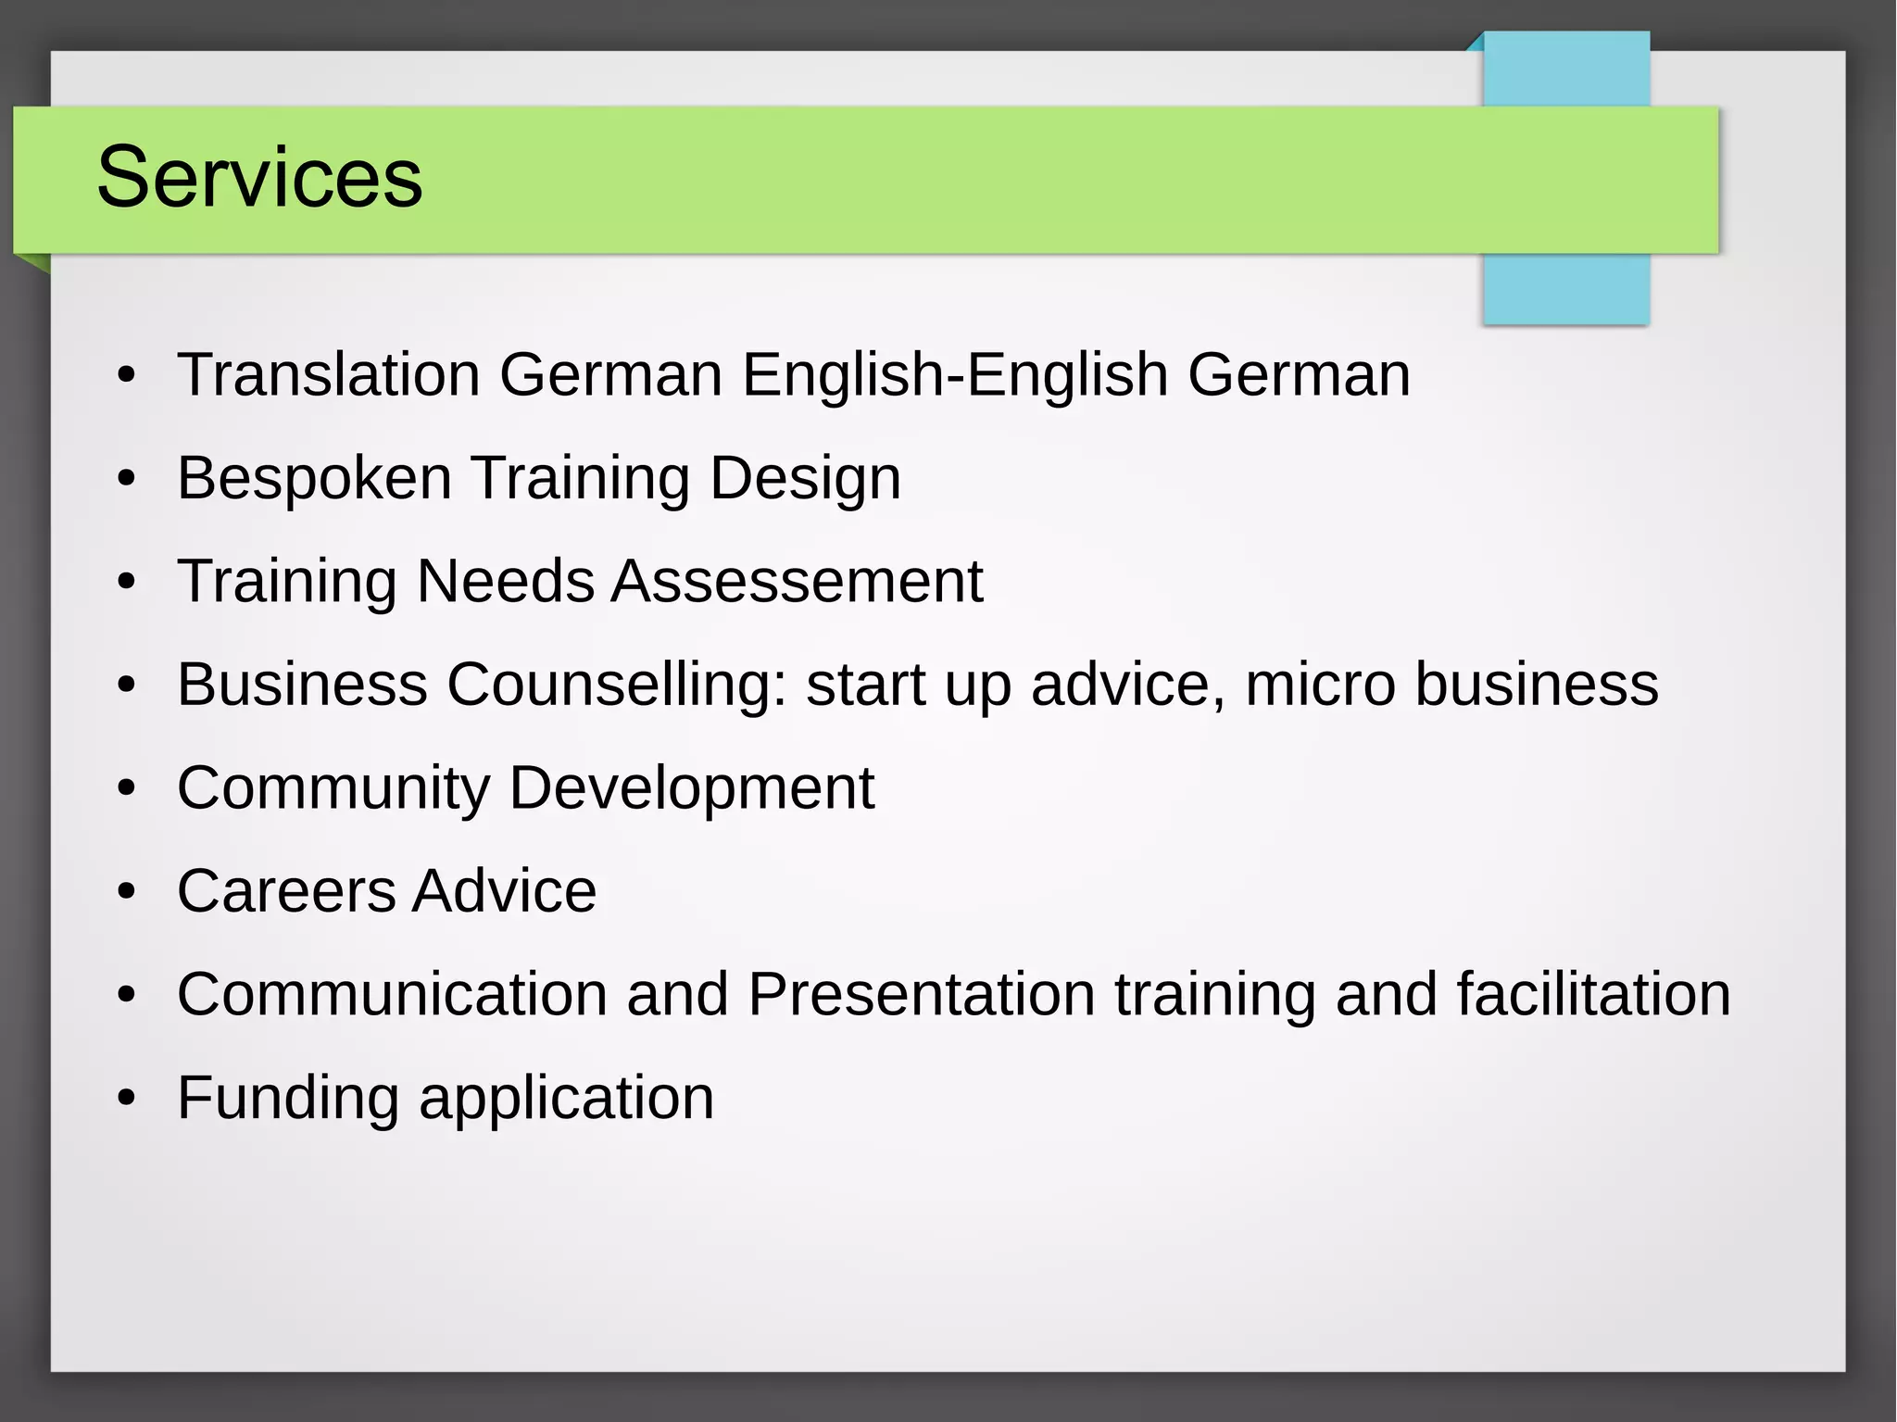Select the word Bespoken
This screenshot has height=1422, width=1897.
(x=314, y=478)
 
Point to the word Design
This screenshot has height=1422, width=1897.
(x=805, y=478)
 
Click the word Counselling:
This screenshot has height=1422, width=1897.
(x=616, y=685)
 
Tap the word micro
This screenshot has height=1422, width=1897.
(x=1320, y=685)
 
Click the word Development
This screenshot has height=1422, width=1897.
(x=691, y=787)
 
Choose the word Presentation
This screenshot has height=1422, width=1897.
(x=922, y=994)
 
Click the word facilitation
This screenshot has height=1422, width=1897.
(x=1593, y=994)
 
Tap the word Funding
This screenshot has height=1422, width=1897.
(x=288, y=1098)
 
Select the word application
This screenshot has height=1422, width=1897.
(x=567, y=1098)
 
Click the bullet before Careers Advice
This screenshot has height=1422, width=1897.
(x=127, y=892)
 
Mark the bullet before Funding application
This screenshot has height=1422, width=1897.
(x=127, y=1099)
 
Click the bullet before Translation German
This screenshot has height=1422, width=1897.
(x=127, y=375)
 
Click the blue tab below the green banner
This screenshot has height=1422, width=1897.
(x=1565, y=288)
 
